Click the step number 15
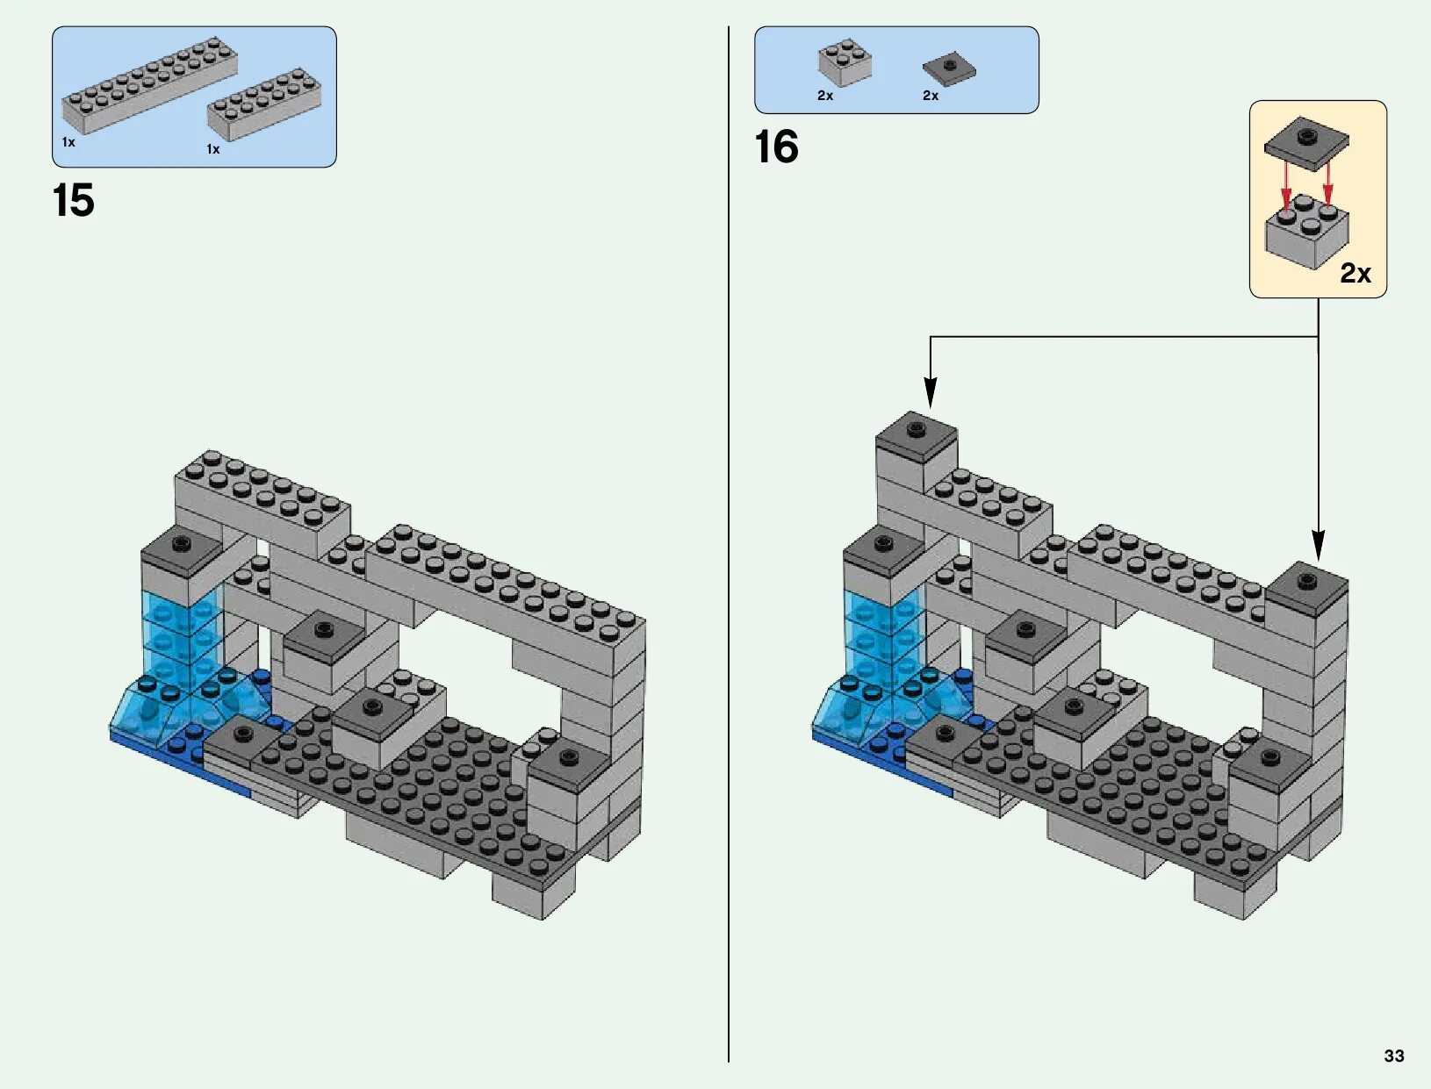tap(73, 201)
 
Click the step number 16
tap(776, 147)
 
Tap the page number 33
tap(1393, 1056)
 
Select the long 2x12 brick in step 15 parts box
tap(149, 84)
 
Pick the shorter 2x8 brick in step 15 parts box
tap(264, 104)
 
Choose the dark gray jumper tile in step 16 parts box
tap(948, 68)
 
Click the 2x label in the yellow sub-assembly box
tap(1355, 274)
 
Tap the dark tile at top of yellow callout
tap(1306, 142)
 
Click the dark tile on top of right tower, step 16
tap(1306, 584)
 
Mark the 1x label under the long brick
tap(68, 142)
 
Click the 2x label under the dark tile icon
tap(931, 96)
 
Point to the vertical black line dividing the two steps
tap(729, 544)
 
